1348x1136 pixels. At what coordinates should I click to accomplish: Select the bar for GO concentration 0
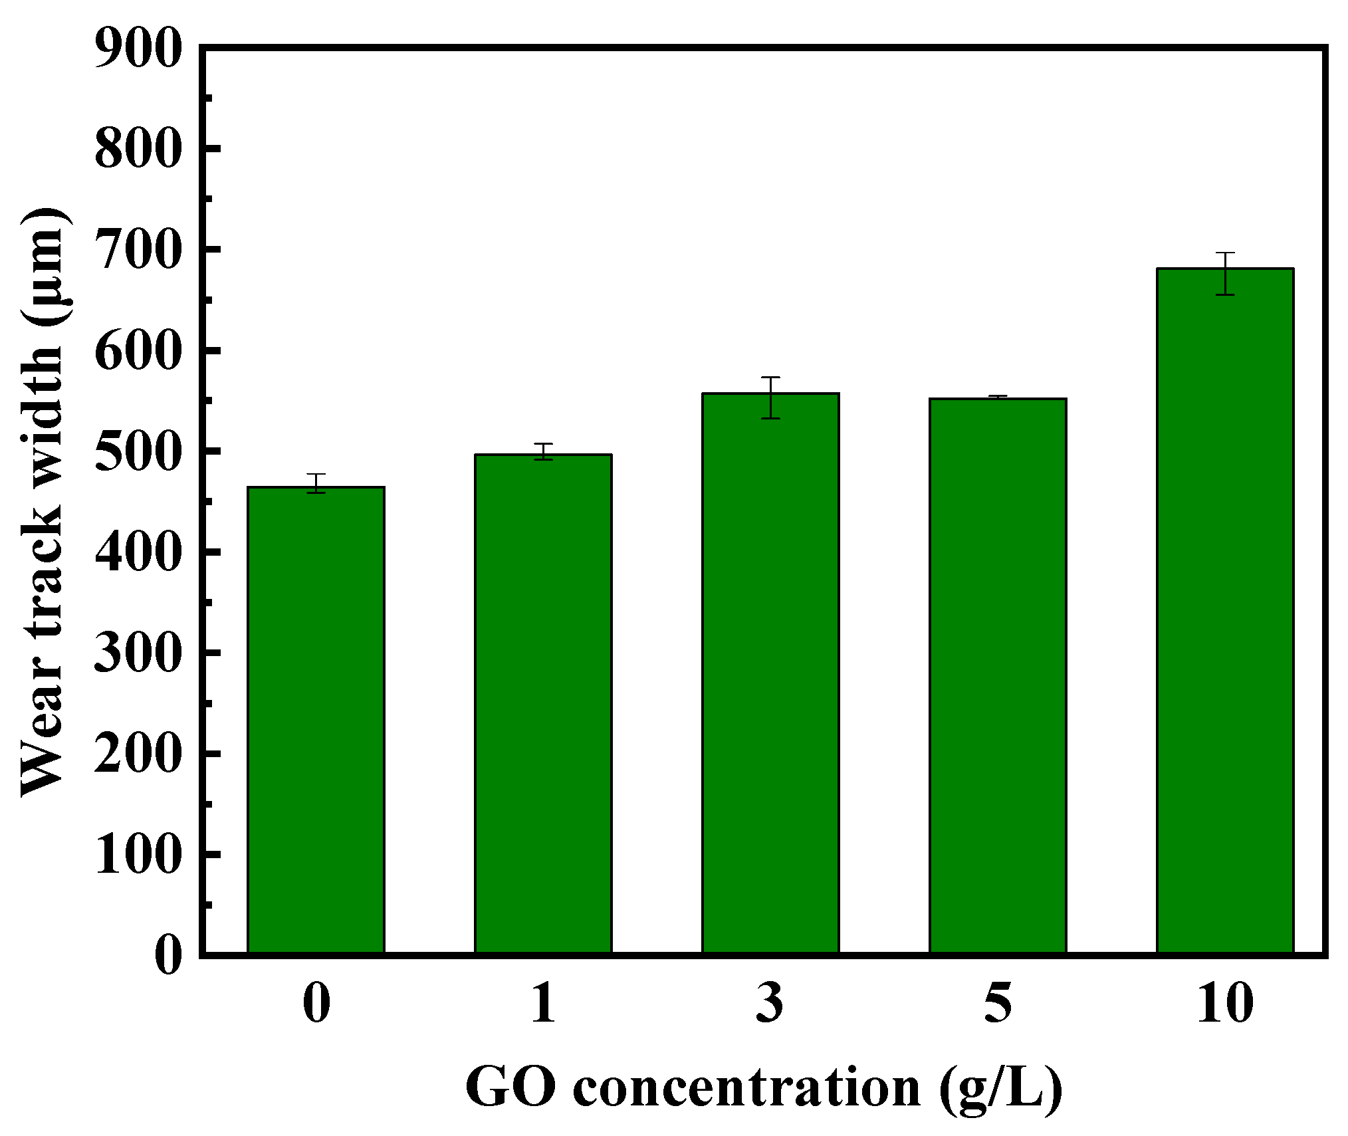pyautogui.click(x=316, y=721)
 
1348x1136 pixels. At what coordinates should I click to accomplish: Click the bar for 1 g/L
pyautogui.click(x=543, y=705)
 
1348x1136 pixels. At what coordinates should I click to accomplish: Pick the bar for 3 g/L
pyautogui.click(x=770, y=674)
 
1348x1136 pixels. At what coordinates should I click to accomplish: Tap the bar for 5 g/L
pyautogui.click(x=998, y=677)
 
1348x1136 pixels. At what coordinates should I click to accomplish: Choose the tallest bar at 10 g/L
pyautogui.click(x=1225, y=612)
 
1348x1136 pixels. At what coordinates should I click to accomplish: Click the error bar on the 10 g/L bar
pyautogui.click(x=1225, y=273)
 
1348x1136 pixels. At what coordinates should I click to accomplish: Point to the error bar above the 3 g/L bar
pyautogui.click(x=770, y=398)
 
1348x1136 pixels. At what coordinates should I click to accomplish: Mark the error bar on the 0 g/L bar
pyautogui.click(x=316, y=483)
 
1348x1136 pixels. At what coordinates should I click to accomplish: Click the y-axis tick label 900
pyautogui.click(x=138, y=49)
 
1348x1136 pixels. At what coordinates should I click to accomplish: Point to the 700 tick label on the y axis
pyautogui.click(x=138, y=251)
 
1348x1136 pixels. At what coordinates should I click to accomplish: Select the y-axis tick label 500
pyautogui.click(x=138, y=453)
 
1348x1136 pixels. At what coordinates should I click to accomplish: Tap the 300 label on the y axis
pyautogui.click(x=138, y=654)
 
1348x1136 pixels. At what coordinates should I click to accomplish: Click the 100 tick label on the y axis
pyautogui.click(x=138, y=855)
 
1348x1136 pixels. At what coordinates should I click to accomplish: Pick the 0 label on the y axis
pyautogui.click(x=168, y=956)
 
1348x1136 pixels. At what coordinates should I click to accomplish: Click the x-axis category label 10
pyautogui.click(x=1225, y=1003)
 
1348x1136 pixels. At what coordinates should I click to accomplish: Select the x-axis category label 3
pyautogui.click(x=770, y=1003)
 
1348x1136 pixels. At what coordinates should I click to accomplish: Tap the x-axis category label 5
pyautogui.click(x=998, y=1003)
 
